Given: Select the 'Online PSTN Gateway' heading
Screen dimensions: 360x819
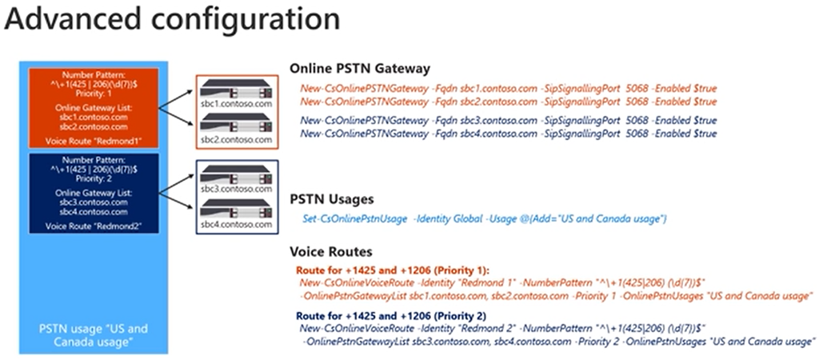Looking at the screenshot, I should pyautogui.click(x=360, y=69).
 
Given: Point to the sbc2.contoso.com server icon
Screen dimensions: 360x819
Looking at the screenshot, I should pyautogui.click(x=236, y=122).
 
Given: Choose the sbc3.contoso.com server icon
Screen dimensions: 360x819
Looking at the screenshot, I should pyautogui.click(x=236, y=174).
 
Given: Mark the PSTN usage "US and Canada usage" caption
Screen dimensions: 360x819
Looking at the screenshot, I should pyautogui.click(x=94, y=335).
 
